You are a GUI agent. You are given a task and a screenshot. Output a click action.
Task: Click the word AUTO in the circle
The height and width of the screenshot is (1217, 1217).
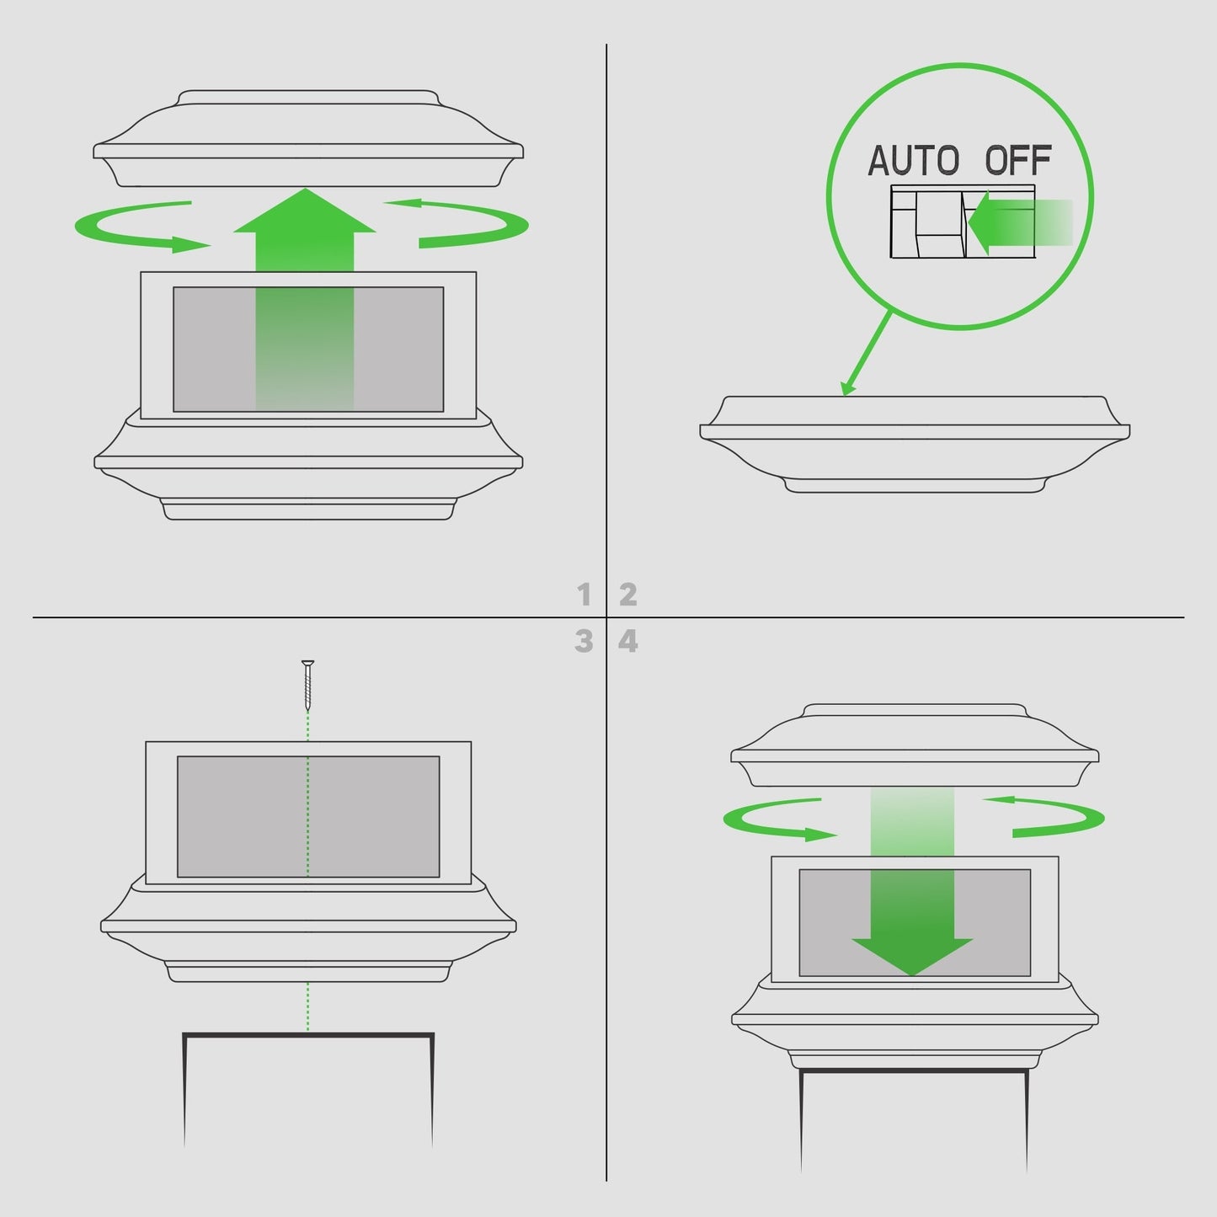(x=913, y=160)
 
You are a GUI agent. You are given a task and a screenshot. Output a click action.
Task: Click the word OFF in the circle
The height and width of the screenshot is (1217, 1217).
(x=1018, y=160)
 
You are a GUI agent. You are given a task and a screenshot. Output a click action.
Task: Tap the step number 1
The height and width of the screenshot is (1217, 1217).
(x=584, y=595)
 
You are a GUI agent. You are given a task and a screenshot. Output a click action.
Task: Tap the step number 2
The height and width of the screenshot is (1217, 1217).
(x=627, y=595)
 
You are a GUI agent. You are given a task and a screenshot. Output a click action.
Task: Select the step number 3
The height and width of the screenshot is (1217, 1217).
(x=584, y=641)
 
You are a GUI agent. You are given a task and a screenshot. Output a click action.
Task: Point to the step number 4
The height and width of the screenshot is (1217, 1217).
(x=627, y=641)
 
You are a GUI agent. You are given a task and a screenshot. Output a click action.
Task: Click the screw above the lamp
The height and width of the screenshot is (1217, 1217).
(x=307, y=686)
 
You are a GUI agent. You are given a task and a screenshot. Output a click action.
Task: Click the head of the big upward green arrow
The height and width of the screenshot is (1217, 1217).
(x=305, y=211)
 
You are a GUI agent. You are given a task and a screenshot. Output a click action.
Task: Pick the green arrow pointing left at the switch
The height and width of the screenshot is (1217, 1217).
(x=1019, y=223)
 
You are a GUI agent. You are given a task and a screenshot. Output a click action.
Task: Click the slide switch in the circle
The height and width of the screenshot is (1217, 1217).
(x=963, y=221)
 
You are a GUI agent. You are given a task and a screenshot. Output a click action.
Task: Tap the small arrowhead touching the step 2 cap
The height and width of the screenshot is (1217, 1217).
(x=848, y=388)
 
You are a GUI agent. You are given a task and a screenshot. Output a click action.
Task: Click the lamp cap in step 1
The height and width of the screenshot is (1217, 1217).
(x=308, y=139)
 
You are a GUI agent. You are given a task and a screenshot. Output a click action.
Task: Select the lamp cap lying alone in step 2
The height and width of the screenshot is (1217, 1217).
(x=915, y=445)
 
